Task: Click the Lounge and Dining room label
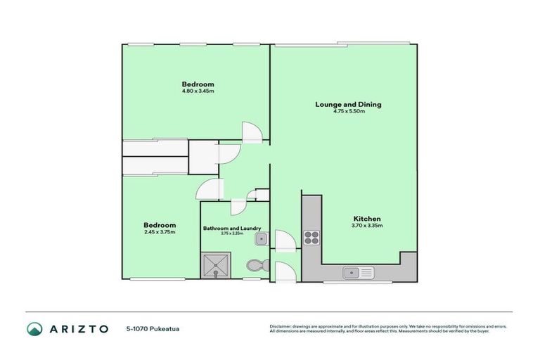pyautogui.click(x=348, y=105)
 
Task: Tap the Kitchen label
pyautogui.click(x=366, y=218)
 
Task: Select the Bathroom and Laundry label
pyautogui.click(x=232, y=228)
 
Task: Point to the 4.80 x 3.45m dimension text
pyautogui.click(x=198, y=91)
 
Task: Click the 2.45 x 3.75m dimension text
pyautogui.click(x=159, y=232)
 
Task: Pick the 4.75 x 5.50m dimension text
pyautogui.click(x=349, y=111)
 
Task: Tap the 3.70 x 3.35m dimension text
pyautogui.click(x=366, y=225)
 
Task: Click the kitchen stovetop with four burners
pyautogui.click(x=311, y=238)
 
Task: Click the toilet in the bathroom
pyautogui.click(x=255, y=266)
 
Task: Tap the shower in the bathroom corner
pyautogui.click(x=212, y=266)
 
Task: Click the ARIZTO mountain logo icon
pyautogui.click(x=34, y=328)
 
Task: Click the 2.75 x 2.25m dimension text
pyautogui.click(x=232, y=233)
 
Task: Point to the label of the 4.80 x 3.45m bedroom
pyautogui.click(x=198, y=84)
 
